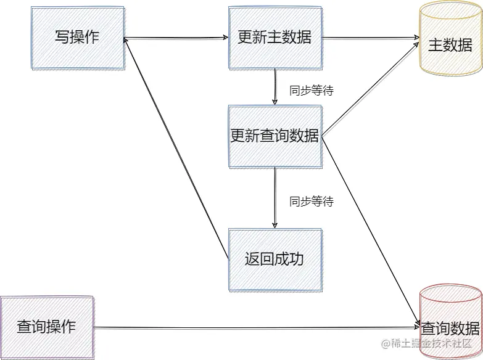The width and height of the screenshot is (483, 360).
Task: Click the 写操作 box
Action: click(x=77, y=38)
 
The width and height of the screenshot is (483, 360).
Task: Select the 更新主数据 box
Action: click(x=275, y=38)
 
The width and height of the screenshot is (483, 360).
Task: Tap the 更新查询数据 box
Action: click(x=275, y=136)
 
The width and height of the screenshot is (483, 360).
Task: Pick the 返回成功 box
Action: click(x=275, y=260)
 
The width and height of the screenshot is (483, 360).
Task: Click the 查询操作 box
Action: click(x=46, y=327)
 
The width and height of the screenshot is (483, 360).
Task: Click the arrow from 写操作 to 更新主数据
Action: click(x=176, y=38)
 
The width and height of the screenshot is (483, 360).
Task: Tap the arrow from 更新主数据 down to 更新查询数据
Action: click(x=275, y=86)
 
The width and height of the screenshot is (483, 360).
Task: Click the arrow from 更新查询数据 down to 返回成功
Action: click(x=275, y=197)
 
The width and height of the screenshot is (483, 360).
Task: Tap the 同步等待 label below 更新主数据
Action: click(x=312, y=91)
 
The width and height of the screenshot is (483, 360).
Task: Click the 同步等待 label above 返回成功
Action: click(x=312, y=202)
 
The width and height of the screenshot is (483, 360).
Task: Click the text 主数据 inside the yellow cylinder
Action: click(x=450, y=46)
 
